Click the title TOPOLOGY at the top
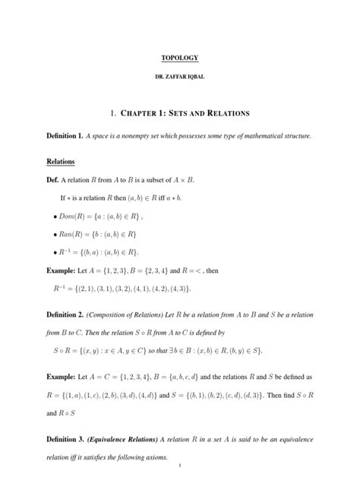(179, 58)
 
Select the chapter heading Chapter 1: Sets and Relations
(179, 113)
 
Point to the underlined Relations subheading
(61, 162)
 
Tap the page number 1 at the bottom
(179, 465)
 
